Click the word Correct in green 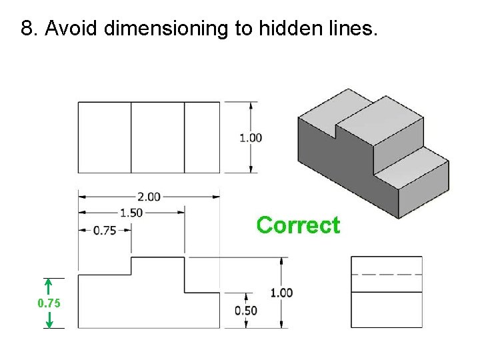click(298, 225)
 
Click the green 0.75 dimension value click(49, 303)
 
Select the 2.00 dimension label click(149, 196)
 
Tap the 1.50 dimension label click(131, 213)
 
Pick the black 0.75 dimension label click(105, 231)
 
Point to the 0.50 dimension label click(246, 310)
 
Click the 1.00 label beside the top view click(251, 138)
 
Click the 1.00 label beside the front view click(281, 292)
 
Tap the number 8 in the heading click(27, 29)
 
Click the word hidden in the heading click(297, 29)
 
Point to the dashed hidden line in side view click(387, 274)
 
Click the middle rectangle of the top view click(157, 137)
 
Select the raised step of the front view click(157, 273)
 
